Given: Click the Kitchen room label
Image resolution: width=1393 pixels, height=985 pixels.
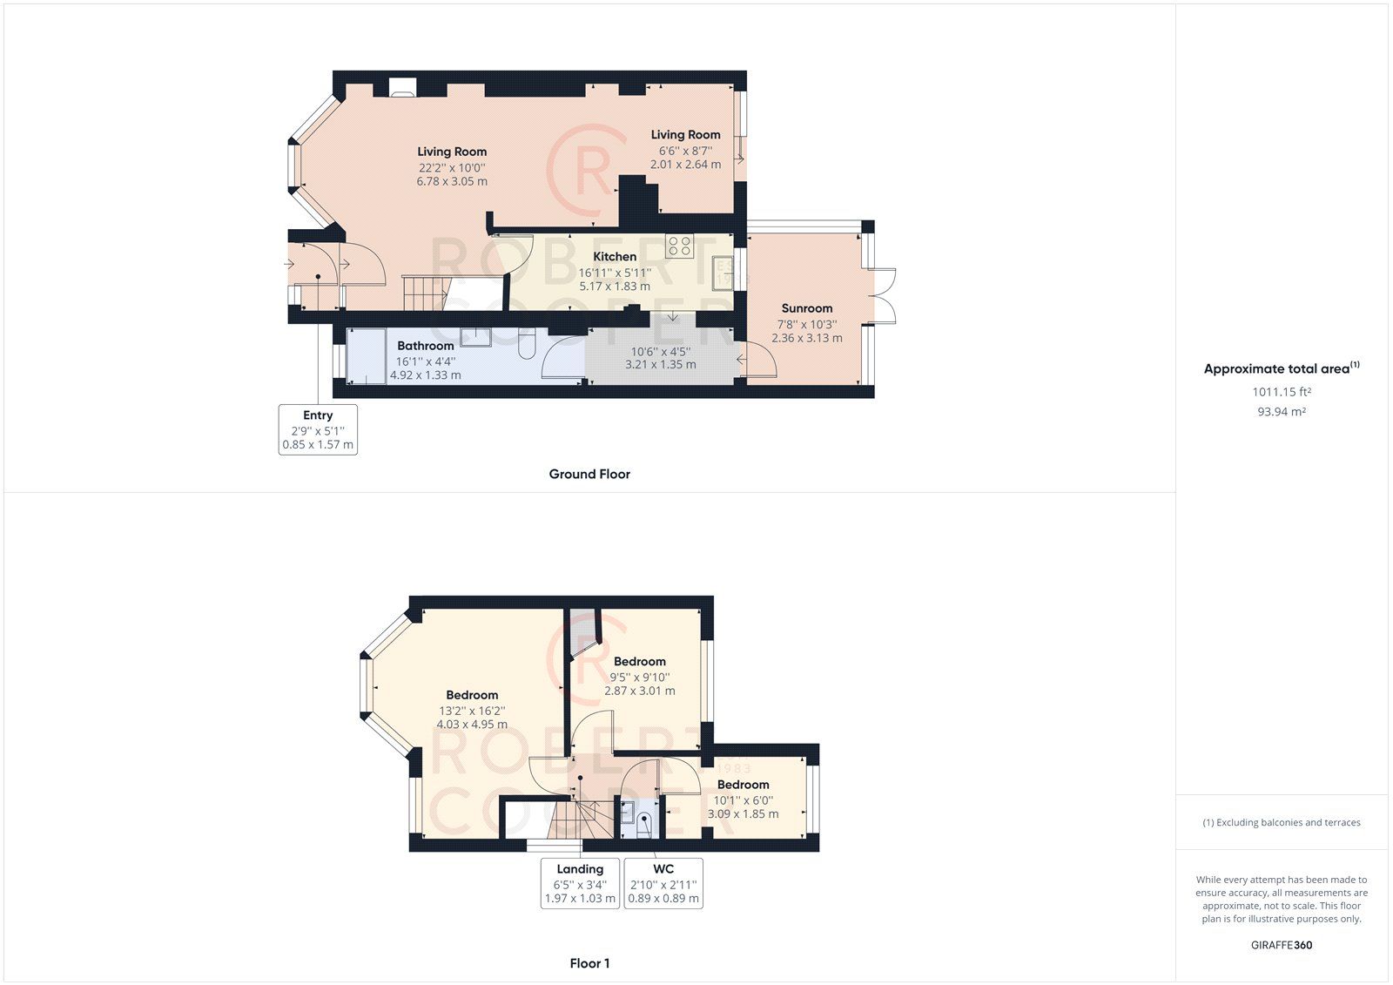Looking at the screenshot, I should pos(615,256).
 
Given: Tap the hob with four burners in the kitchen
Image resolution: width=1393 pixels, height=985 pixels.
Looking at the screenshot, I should pos(680,246).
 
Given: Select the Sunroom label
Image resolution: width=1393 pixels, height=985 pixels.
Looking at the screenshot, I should pos(806,308).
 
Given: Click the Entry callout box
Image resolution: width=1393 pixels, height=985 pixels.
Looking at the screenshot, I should pos(318,429).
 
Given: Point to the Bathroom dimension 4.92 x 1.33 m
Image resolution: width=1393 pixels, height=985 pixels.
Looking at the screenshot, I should pos(425,375).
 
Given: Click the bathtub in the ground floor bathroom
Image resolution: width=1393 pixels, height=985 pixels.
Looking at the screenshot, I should pos(367,355).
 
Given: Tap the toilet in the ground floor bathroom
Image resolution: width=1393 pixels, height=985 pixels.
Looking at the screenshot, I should pos(527,346).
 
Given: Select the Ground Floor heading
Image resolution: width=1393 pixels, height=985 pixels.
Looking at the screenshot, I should pos(589,474).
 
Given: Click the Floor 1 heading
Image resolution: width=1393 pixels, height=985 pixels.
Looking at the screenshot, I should pos(589,963).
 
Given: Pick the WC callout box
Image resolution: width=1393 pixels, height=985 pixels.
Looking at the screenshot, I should pos(663,883).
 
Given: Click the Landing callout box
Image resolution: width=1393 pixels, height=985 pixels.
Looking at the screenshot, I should pos(580,883).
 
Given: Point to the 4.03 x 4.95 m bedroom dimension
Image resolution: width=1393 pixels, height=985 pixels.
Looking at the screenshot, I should pos(472,725).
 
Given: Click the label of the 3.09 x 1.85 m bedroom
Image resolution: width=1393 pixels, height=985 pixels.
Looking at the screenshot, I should pos(743,785).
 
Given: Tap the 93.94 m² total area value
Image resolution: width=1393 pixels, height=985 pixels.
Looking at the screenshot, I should pos(1282,412).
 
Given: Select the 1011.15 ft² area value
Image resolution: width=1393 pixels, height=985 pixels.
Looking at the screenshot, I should pos(1282,392).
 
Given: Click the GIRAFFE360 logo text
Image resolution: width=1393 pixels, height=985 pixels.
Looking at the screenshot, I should pos(1282,945).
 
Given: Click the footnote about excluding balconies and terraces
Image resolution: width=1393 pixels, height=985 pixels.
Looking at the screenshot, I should pos(1282,822).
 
